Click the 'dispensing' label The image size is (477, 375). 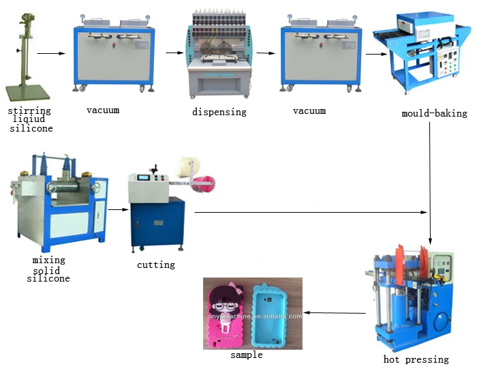pyautogui.click(x=219, y=112)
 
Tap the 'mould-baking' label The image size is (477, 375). pyautogui.click(x=434, y=113)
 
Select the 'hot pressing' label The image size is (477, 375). pyautogui.click(x=416, y=359)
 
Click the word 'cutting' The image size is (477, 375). pyautogui.click(x=156, y=265)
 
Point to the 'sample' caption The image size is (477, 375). pyautogui.click(x=246, y=355)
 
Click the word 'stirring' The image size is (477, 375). pyautogui.click(x=29, y=110)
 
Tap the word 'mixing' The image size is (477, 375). pyautogui.click(x=49, y=260)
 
